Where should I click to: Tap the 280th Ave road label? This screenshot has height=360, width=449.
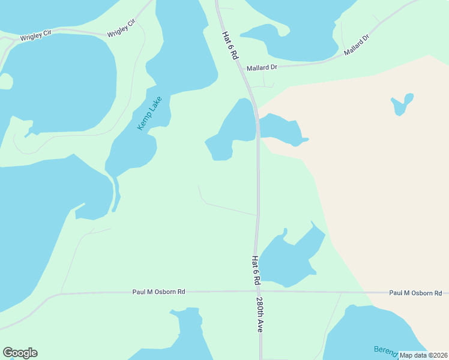[x=260, y=314]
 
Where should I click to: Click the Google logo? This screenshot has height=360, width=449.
[x=20, y=353]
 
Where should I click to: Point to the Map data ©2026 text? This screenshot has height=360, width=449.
[x=423, y=355]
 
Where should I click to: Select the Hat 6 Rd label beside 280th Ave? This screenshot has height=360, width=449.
[x=256, y=271]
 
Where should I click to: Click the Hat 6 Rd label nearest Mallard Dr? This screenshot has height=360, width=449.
[x=230, y=46]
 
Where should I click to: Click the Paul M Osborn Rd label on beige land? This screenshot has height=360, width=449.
[x=415, y=293]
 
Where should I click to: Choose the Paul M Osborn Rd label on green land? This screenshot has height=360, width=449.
[x=158, y=292]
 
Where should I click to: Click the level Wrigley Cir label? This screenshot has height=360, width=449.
[x=35, y=37]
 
